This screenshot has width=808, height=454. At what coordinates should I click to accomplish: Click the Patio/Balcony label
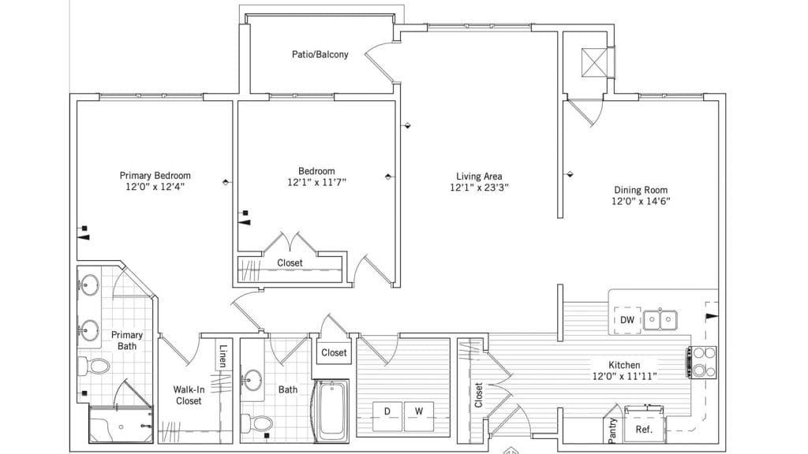[x=320, y=54]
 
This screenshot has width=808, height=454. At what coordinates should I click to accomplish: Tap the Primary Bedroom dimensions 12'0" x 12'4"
[x=155, y=186]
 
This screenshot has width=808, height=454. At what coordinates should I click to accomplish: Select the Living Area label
[x=479, y=176]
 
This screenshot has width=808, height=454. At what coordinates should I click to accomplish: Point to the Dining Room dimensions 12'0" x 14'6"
[x=641, y=201]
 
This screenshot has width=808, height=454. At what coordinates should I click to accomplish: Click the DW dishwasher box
[x=627, y=320]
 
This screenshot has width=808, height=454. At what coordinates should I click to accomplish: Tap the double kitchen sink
[x=660, y=320]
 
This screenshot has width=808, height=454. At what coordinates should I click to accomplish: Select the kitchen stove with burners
[x=701, y=363]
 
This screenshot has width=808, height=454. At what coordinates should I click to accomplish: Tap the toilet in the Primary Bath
[x=94, y=367]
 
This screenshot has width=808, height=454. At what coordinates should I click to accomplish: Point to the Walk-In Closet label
[x=189, y=395]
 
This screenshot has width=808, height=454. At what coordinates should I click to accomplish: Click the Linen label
[x=223, y=355]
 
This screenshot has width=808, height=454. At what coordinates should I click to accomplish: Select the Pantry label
[x=612, y=430]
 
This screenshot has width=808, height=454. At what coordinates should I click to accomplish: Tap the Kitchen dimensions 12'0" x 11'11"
[x=625, y=376]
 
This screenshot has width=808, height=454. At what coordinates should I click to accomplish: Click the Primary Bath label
[x=127, y=340]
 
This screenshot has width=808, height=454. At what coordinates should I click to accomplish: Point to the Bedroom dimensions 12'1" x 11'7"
[x=316, y=182]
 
